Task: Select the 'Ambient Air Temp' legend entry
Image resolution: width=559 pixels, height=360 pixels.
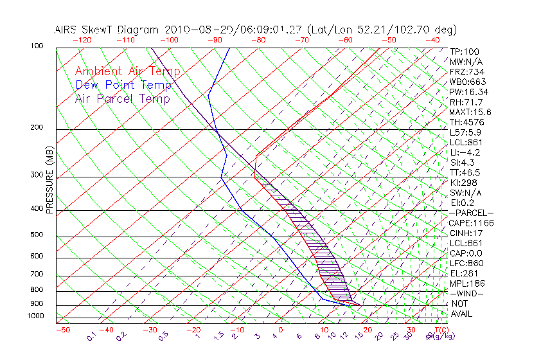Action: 127,71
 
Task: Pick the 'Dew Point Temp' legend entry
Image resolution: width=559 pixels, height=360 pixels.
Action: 123,85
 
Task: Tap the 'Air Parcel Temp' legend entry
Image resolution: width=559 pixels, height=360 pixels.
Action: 122,98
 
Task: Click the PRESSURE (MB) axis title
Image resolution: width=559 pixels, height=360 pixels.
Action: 49,179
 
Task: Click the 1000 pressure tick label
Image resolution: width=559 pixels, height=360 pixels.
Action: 36,316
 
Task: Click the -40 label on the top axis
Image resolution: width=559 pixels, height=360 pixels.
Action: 433,40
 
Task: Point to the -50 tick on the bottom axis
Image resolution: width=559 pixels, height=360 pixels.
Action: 62,330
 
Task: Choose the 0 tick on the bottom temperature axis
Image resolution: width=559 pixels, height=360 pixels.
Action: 281,330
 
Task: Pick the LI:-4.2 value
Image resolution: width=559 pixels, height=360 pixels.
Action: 465,152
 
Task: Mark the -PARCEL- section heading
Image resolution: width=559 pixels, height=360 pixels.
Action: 471,213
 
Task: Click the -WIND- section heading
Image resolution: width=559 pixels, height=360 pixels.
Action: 466,293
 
